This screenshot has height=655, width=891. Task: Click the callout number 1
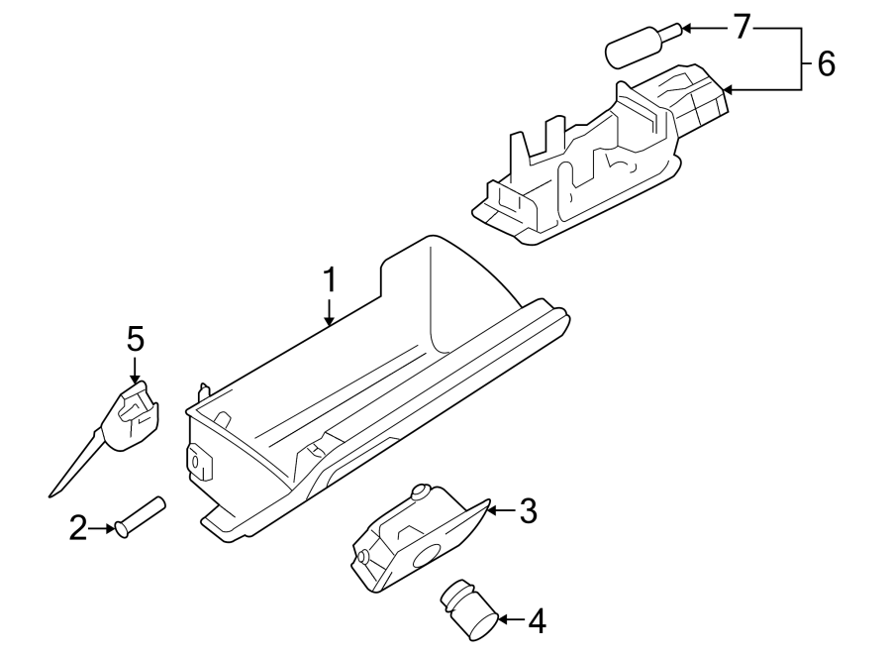330,280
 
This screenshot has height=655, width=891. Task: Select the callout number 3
528,511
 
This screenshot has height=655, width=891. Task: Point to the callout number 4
536,621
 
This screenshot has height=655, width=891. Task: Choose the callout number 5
135,339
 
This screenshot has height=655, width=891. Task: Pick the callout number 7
742,28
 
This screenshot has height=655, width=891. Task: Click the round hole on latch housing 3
431,558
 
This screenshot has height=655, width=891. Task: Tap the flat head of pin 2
122,529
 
